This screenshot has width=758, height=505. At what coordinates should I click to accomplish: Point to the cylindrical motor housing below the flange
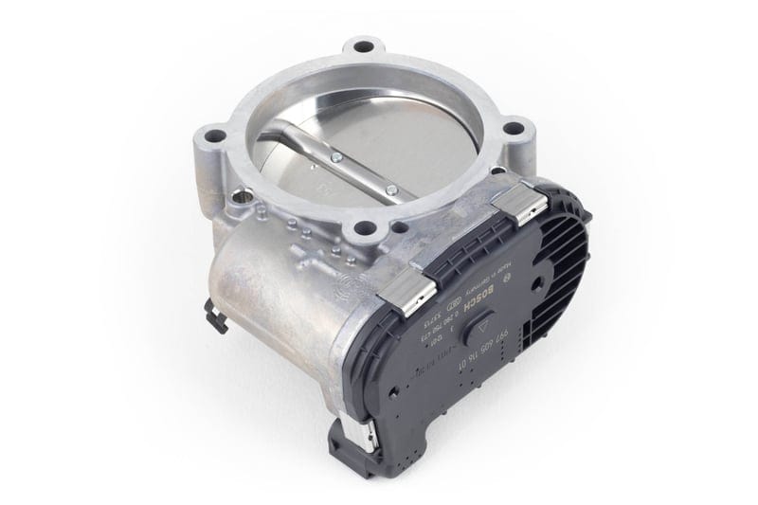coord(275,284)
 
